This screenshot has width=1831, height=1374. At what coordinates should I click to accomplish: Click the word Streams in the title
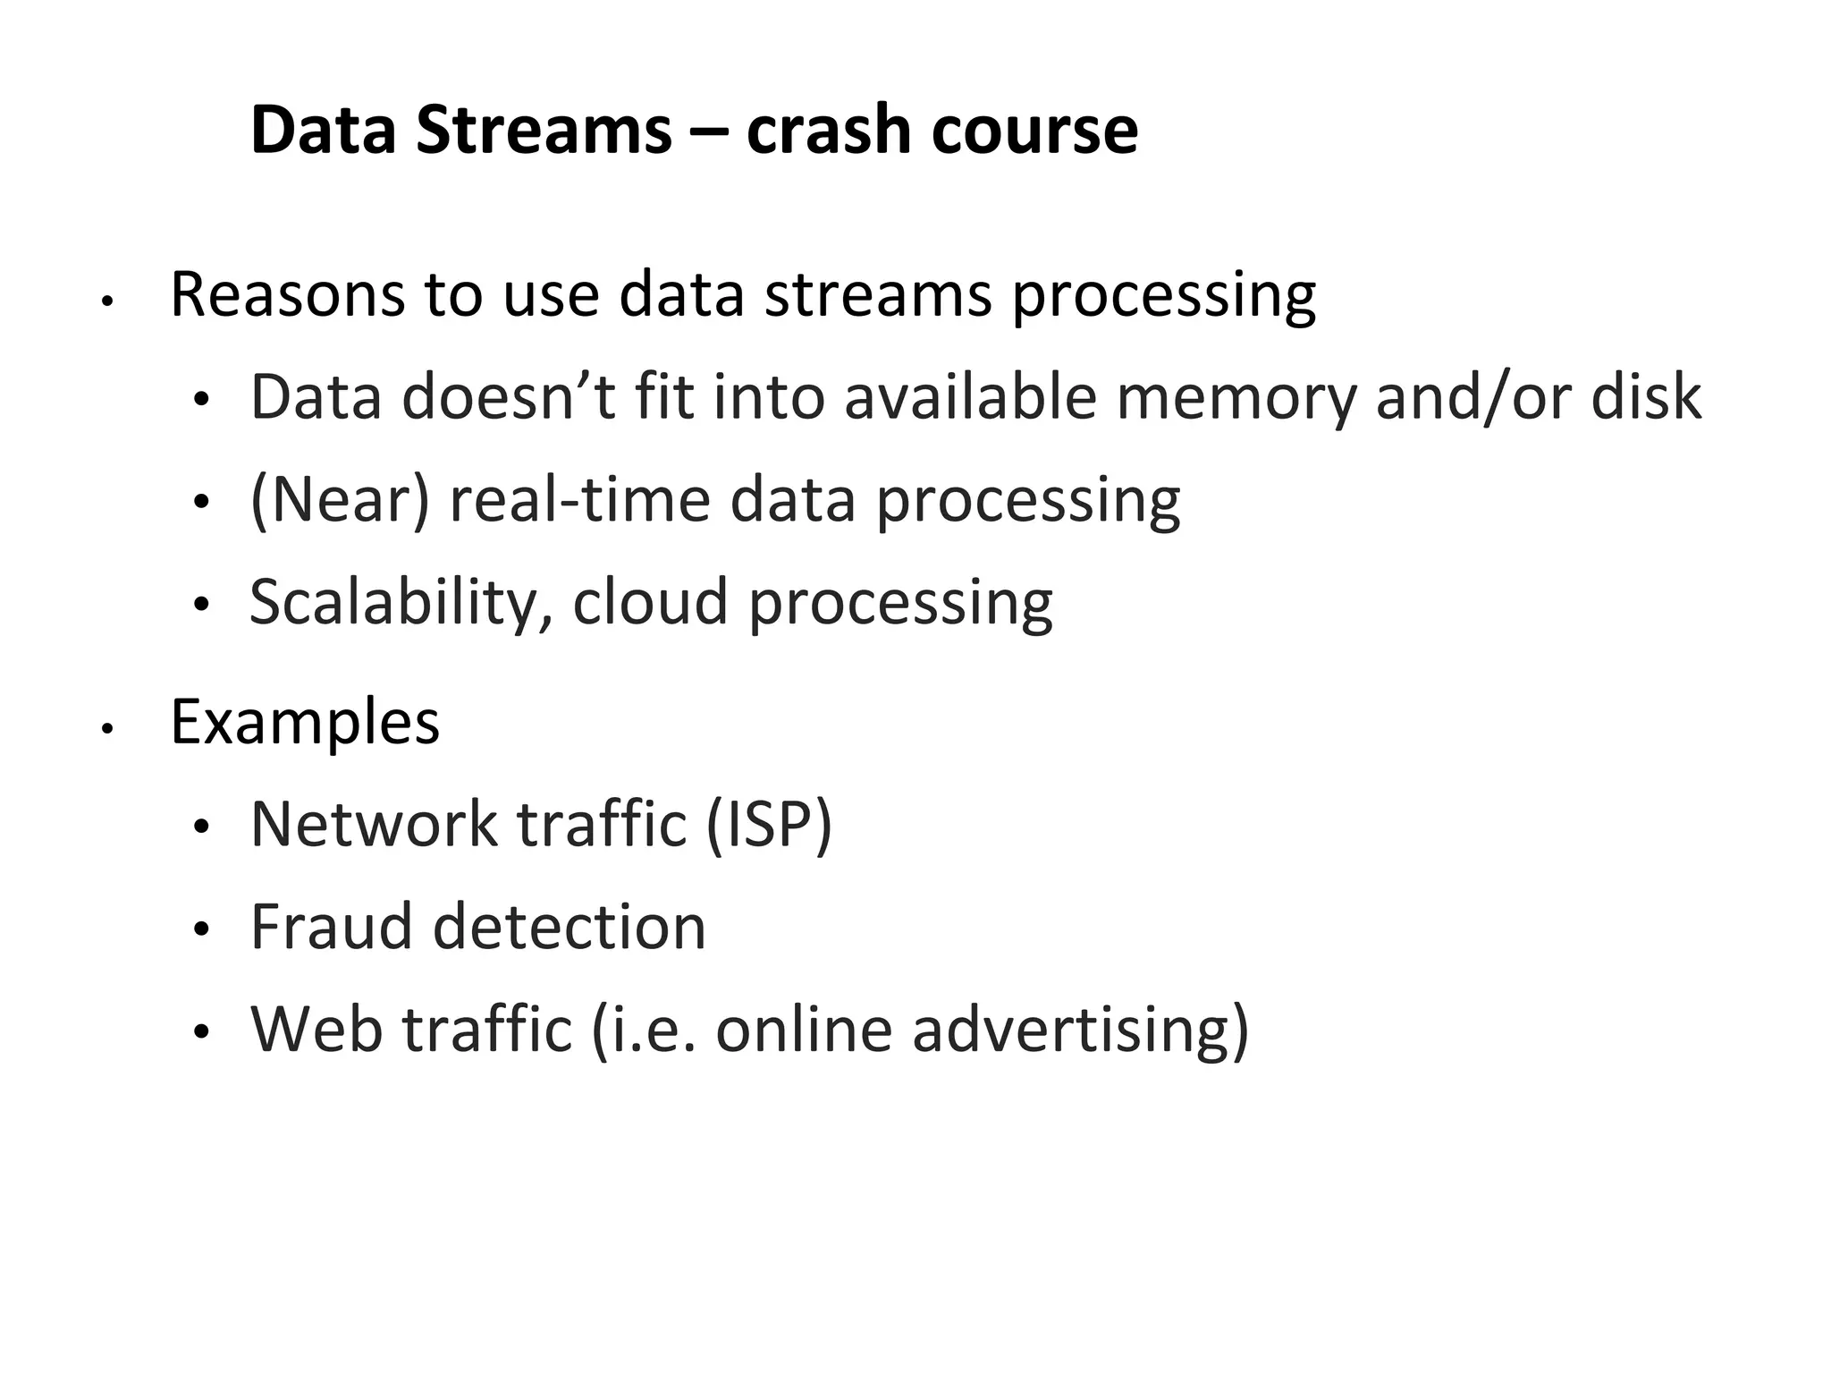click(x=543, y=131)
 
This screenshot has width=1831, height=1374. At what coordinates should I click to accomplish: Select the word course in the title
click(x=1034, y=131)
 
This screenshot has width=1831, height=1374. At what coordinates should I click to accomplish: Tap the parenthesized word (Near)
click(x=340, y=500)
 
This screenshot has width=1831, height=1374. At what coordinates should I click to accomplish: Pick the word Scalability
click(x=401, y=602)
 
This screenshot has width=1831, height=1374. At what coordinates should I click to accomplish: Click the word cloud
click(x=650, y=601)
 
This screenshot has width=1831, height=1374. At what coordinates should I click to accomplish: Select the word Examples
click(x=305, y=722)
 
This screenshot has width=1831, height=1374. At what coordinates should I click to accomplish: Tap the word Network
click(x=374, y=824)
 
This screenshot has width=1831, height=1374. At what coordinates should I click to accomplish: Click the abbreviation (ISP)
click(x=768, y=825)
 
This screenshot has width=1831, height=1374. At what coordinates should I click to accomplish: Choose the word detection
click(x=570, y=927)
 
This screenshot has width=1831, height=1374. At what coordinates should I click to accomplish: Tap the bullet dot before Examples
click(x=106, y=728)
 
